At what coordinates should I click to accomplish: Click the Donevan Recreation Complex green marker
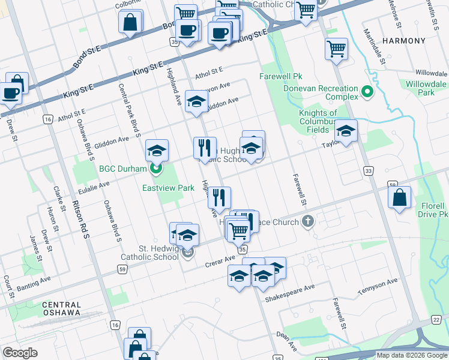(367, 92)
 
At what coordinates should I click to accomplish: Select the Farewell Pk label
(280, 76)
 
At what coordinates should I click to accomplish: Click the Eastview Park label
(168, 188)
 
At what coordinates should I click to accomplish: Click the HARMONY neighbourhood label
(403, 41)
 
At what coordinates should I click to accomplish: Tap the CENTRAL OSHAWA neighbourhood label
(61, 308)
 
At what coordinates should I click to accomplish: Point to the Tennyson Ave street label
(378, 286)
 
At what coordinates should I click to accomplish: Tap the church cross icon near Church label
(307, 222)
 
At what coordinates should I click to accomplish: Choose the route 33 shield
(367, 172)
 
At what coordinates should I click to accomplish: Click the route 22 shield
(435, 320)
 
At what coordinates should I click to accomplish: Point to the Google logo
(20, 353)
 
